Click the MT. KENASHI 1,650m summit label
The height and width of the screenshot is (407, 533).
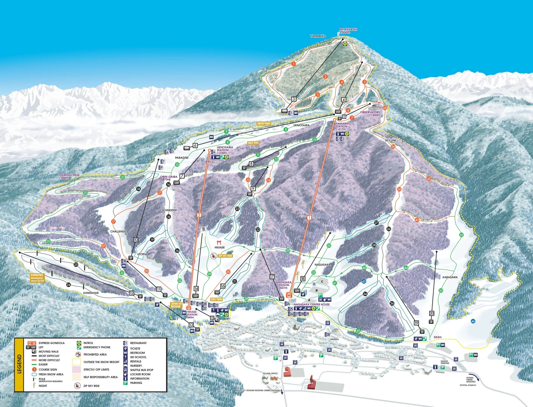[x=348, y=31]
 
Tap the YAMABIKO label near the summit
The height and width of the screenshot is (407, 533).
[x=318, y=36]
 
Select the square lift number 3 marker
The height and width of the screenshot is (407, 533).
[x=294, y=99]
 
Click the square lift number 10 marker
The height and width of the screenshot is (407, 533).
[x=136, y=240]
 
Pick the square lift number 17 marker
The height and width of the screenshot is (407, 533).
[x=272, y=277]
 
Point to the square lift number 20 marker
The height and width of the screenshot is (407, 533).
[x=432, y=313]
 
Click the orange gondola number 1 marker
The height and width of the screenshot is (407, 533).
[x=309, y=217]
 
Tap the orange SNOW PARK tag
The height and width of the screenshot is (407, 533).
[x=264, y=124]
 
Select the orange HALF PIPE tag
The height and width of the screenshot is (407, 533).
[x=253, y=143]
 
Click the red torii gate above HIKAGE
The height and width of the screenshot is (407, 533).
[x=219, y=242]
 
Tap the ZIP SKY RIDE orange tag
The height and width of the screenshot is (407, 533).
[x=225, y=256]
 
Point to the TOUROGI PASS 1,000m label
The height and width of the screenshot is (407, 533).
[x=69, y=176]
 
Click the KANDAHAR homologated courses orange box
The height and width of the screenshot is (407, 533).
[x=37, y=278]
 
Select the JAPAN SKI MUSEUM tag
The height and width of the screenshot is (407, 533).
[x=176, y=305]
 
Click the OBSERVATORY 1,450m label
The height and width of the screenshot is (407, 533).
[x=370, y=114]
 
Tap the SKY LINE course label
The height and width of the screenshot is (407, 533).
[x=390, y=140]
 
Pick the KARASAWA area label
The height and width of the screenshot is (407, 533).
[x=450, y=277]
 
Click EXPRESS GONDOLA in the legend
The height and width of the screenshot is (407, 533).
[x=51, y=343]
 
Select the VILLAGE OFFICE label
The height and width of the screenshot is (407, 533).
[x=270, y=373]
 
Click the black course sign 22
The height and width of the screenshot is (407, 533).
[x=258, y=229]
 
